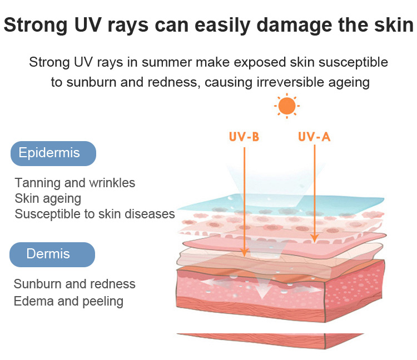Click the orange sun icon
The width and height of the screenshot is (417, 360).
point(287,106)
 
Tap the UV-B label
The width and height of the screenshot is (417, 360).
point(244,137)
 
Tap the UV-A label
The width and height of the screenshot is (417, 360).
point(314,137)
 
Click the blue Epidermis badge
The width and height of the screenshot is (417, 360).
point(53,153)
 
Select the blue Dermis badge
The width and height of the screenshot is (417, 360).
point(52,254)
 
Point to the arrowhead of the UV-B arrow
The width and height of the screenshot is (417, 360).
point(245,252)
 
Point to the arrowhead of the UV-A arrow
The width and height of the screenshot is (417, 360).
point(315,238)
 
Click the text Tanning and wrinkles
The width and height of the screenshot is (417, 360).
point(75,183)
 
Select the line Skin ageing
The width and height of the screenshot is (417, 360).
point(48,199)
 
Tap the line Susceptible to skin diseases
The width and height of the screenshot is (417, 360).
point(95,214)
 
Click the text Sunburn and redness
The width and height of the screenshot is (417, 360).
point(75,284)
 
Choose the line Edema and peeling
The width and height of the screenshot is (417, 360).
point(68,302)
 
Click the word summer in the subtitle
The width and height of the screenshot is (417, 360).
point(166,63)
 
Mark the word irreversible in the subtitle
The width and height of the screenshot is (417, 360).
point(290,82)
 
